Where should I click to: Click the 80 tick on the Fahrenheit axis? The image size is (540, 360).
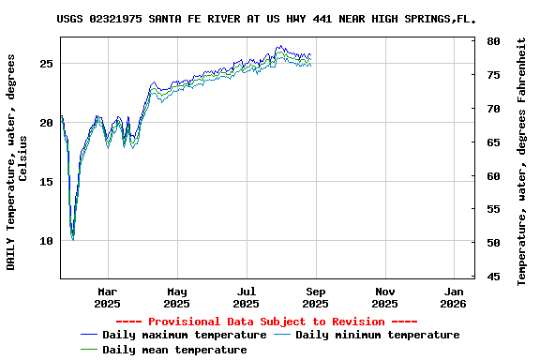[493, 42]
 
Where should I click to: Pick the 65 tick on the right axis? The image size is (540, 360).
[493, 142]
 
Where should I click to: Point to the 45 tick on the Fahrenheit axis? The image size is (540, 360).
[493, 277]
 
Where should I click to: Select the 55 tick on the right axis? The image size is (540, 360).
[493, 209]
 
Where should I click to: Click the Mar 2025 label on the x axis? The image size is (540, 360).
[107, 297]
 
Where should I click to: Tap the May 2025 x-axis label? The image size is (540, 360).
[176, 297]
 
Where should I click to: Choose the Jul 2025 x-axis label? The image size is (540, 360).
[246, 297]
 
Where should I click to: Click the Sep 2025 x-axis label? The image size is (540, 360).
[315, 297]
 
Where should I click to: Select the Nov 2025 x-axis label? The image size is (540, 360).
[384, 297]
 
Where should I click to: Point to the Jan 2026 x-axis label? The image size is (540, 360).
[453, 297]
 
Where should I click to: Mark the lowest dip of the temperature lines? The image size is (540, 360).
[72, 238]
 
